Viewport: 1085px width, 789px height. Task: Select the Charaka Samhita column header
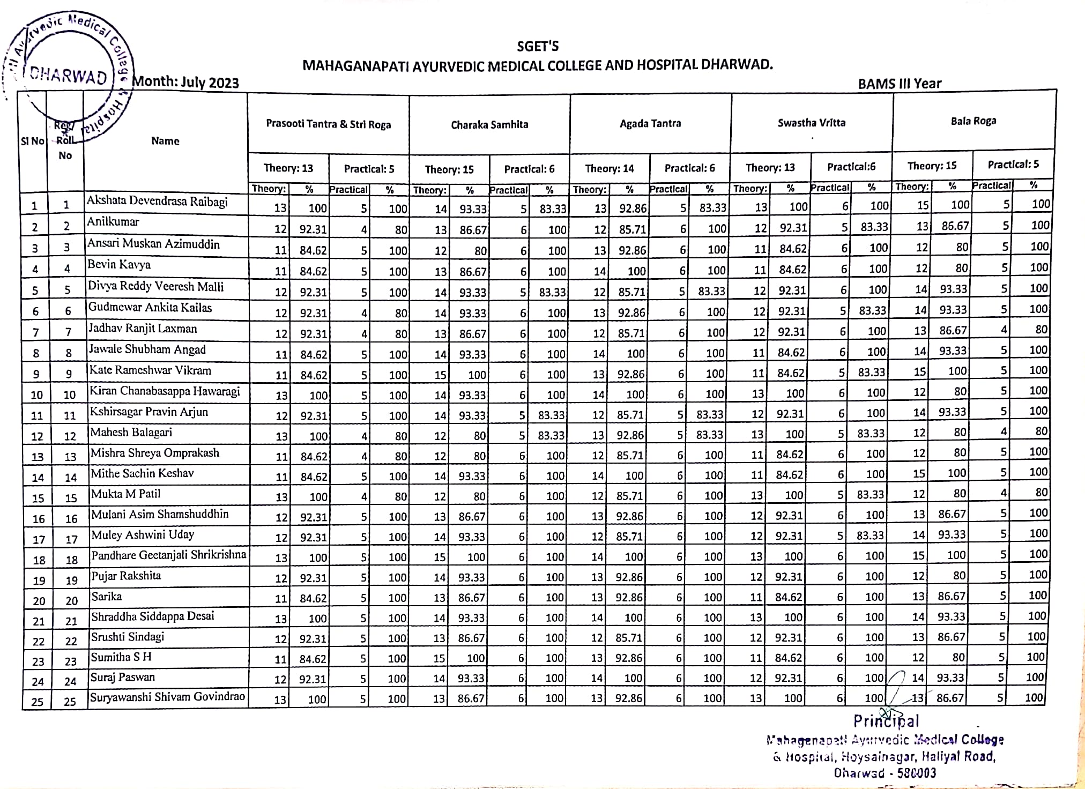[x=489, y=125]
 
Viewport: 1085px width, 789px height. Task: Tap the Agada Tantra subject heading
[x=650, y=124]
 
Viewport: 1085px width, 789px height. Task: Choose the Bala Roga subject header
[x=973, y=121]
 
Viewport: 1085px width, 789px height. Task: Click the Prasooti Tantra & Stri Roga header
[x=328, y=124]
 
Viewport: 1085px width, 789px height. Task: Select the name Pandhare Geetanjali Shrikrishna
[x=168, y=555]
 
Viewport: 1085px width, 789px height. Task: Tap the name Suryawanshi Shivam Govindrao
[x=167, y=697]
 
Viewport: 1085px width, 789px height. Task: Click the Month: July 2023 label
[x=185, y=83]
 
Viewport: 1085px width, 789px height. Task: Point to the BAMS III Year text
[x=900, y=84]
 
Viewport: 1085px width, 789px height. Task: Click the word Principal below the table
[x=886, y=721]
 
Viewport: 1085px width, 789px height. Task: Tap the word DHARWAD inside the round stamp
[x=69, y=77]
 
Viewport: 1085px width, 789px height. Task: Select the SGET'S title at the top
[x=538, y=47]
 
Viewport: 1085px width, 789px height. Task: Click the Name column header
[x=165, y=141]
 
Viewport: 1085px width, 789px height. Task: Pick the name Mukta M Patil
[x=125, y=494]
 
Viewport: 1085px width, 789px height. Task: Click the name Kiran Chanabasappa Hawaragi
[x=165, y=391]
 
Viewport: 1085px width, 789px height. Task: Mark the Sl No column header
[x=32, y=142]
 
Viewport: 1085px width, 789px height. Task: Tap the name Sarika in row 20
[x=106, y=596]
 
